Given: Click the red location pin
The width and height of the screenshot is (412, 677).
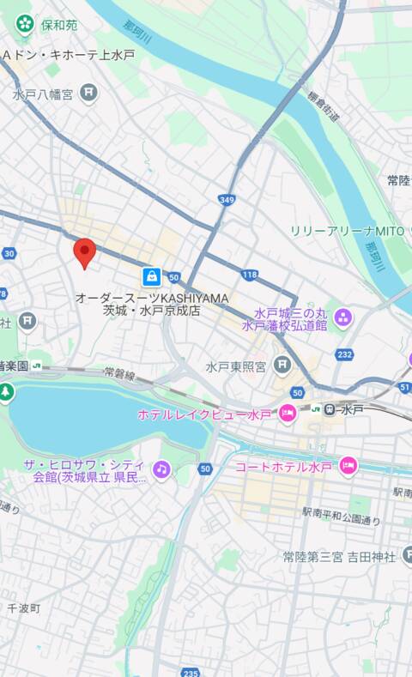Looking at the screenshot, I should pos(83,253).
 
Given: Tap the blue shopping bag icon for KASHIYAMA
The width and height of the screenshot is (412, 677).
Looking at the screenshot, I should pos(151,276).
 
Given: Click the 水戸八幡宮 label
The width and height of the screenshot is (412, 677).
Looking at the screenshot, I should pos(43,95).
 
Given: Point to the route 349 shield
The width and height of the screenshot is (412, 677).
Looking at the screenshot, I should pos(227,200).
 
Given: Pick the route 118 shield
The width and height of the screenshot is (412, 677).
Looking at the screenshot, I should pos(249,275).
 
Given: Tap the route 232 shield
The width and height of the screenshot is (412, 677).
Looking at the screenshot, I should pos(345,354).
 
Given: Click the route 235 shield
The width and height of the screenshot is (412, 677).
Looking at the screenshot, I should pos(190,672).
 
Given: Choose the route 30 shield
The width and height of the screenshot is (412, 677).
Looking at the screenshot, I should pos(9,253).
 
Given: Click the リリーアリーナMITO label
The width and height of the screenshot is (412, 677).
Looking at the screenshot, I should pos(346,232).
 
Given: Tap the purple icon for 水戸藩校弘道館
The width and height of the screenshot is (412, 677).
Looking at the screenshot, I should pos(343,319).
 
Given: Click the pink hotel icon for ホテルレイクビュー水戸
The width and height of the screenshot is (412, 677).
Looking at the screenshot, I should pos(288,414).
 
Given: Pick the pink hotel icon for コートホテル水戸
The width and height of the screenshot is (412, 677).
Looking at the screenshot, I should pos(348,466).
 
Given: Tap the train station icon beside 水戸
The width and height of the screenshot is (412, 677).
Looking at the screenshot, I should pos(328,410).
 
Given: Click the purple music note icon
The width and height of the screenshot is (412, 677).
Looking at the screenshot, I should pos(161,468).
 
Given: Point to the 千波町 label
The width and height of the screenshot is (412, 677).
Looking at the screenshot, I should pos(23,608).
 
